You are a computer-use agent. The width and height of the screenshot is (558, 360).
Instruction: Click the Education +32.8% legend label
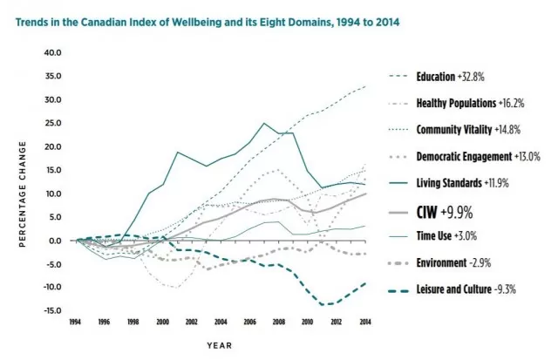click(450, 77)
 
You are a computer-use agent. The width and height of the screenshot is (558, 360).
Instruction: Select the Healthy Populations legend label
click(471, 103)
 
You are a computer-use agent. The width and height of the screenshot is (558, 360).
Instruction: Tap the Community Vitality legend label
click(468, 130)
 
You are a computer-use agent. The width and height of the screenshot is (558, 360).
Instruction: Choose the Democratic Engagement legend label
click(479, 156)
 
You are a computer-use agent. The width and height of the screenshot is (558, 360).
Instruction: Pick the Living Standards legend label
click(463, 183)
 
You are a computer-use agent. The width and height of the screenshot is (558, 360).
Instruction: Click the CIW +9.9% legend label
click(445, 213)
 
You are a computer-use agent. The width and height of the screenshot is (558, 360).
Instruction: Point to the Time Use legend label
click(446, 235)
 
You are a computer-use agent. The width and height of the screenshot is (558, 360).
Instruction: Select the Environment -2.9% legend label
click(453, 263)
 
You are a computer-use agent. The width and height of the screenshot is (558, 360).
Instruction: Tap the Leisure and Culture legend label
click(466, 289)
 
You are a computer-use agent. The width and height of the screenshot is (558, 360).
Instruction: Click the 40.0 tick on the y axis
click(52, 52)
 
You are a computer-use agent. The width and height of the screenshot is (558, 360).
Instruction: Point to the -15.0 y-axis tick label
click(52, 310)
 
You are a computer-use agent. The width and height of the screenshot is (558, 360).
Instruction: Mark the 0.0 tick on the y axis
click(55, 241)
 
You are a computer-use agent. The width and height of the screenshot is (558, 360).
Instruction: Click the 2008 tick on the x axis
click(279, 322)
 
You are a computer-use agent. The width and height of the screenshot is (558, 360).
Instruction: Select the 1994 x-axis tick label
click(75, 322)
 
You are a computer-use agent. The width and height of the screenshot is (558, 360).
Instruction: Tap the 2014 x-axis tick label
click(365, 322)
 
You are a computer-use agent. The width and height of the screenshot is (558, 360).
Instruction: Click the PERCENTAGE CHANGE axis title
click(23, 194)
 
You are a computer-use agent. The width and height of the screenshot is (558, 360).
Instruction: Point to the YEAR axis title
click(220, 345)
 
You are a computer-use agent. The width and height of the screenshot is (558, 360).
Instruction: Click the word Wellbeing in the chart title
click(196, 22)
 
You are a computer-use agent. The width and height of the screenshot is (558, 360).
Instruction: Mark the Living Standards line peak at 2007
click(264, 123)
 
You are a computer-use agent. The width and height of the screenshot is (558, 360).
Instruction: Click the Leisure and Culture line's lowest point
click(323, 305)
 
